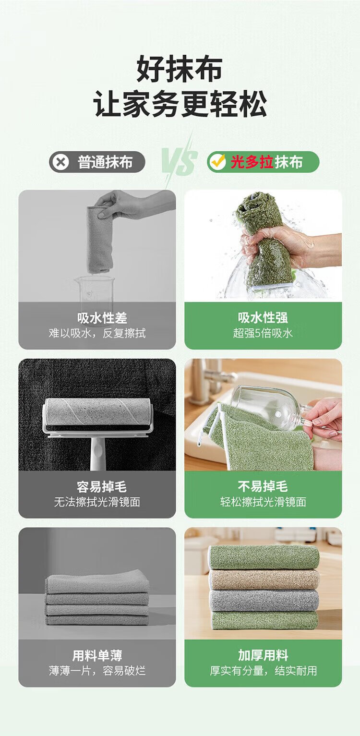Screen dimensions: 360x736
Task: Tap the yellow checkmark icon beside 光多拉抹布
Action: coord(218,161)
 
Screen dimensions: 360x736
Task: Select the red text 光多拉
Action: coord(252,162)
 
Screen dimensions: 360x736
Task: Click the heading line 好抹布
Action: coord(180,69)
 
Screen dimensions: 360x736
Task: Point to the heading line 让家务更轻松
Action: coord(180,104)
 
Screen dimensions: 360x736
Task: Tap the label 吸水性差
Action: coord(102,318)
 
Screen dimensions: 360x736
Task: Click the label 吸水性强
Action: coord(263,317)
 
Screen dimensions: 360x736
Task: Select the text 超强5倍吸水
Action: coord(263,333)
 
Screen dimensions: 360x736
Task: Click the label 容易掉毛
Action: coord(102,487)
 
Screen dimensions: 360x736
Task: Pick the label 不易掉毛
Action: coord(263,486)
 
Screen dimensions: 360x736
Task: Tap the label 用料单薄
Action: coord(97,655)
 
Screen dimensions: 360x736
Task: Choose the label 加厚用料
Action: coord(263,655)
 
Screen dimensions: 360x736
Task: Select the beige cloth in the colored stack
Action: coord(264,579)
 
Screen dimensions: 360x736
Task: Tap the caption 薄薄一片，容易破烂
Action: coord(97,671)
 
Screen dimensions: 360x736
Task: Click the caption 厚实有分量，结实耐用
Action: coord(263,671)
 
